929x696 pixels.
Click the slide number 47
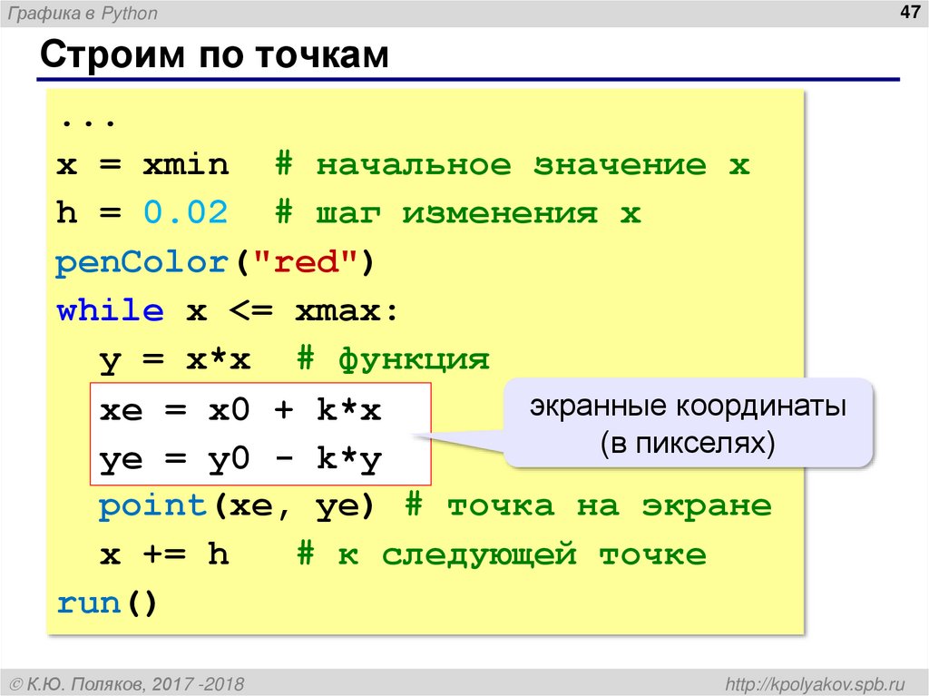click(904, 13)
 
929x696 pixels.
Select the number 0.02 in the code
click(185, 214)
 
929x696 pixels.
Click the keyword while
click(110, 311)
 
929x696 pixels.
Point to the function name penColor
click(141, 263)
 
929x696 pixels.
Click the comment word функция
click(414, 360)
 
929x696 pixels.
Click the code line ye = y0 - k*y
click(240, 459)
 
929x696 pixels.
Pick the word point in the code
click(152, 505)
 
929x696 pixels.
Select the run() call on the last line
click(107, 603)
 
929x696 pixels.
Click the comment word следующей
click(479, 554)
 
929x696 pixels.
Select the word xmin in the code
click(185, 166)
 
